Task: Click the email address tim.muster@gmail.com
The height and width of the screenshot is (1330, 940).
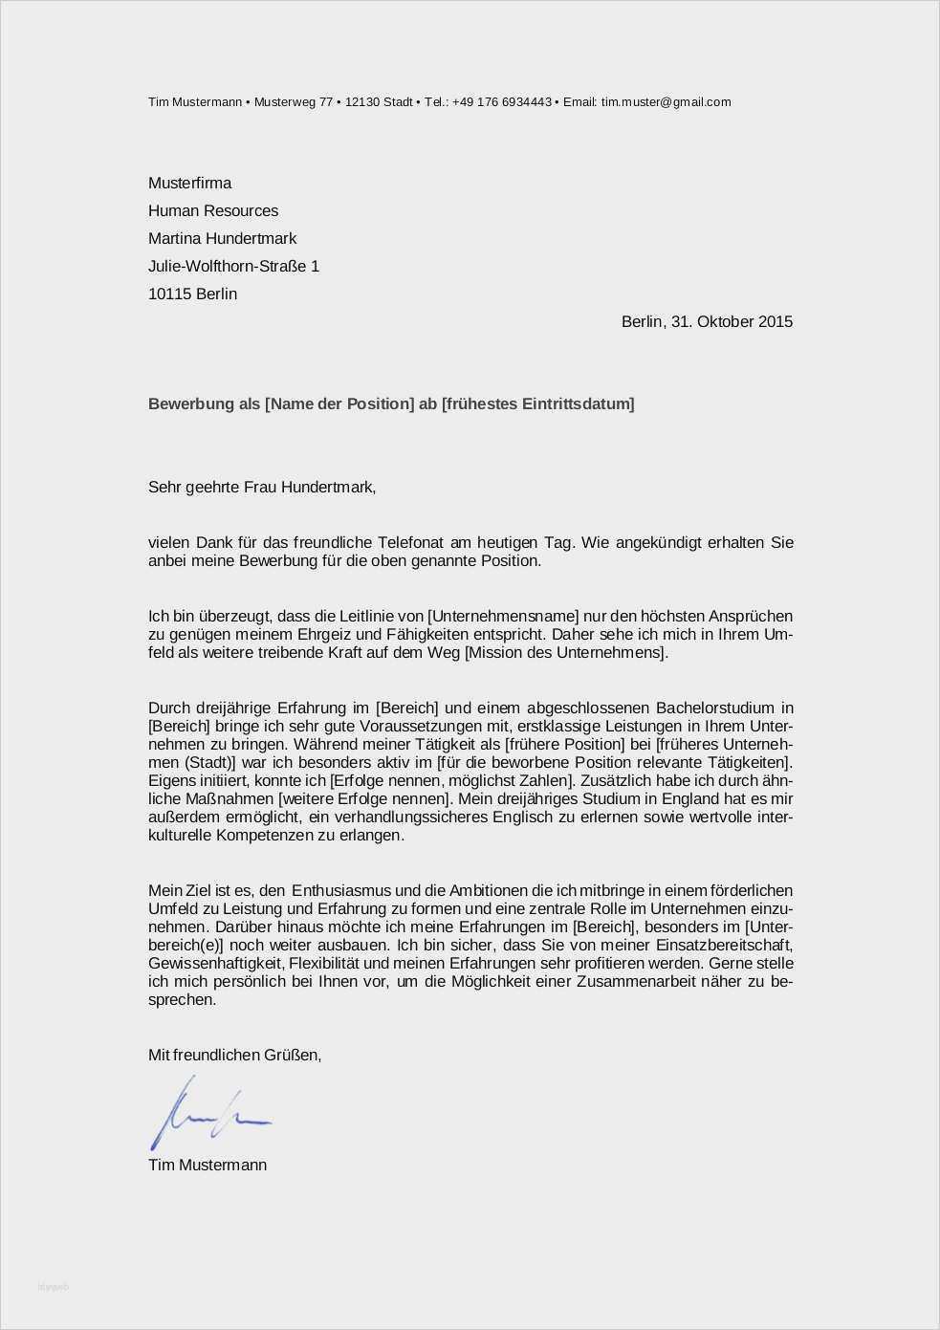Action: tap(666, 102)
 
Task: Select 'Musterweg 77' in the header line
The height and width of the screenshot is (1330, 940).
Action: tap(294, 102)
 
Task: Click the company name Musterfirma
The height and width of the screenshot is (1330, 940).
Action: tap(189, 183)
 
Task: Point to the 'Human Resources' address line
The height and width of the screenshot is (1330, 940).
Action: tap(213, 210)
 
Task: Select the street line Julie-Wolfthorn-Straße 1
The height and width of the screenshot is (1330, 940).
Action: tap(233, 266)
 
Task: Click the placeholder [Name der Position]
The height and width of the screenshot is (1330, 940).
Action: tap(339, 403)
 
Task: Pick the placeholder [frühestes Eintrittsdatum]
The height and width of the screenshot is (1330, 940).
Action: tap(537, 403)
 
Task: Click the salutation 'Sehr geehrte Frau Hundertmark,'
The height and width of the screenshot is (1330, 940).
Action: tap(262, 487)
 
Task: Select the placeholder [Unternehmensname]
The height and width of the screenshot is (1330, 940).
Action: tap(503, 616)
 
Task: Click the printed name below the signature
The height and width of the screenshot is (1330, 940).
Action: tap(208, 1165)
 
